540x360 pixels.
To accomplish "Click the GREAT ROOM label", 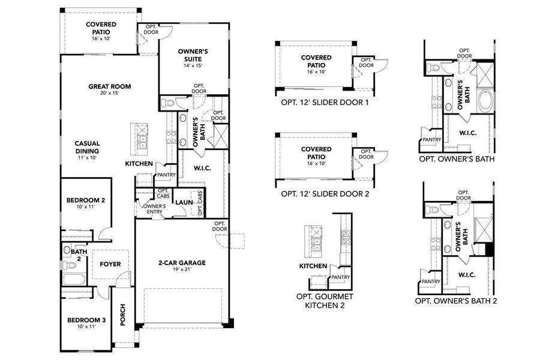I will (109, 86).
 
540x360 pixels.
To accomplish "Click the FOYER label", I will (110, 263).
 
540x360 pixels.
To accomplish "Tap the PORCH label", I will (123, 314).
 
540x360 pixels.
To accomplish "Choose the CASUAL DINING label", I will (87, 148).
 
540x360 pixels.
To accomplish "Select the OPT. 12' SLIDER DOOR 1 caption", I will (325, 103).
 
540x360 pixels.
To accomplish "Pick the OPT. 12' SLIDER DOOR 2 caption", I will (325, 194).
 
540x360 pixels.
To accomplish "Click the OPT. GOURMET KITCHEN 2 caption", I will (325, 301).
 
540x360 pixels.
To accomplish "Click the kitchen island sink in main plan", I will (143, 142).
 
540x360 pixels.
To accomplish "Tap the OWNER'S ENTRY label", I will (154, 209).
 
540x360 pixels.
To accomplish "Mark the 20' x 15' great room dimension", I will (109, 94).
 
